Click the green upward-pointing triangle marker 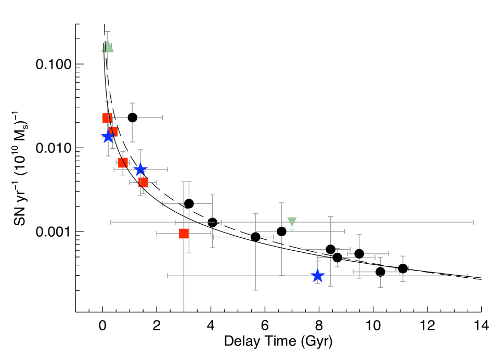point(108,47)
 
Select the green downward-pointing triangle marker point(292,223)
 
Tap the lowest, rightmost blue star point(317,275)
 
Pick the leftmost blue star point(108,136)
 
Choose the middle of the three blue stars point(140,169)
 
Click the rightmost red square point(184,234)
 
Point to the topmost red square point(107,118)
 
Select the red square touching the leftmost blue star point(113,132)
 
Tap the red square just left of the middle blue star point(123,162)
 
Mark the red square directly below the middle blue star point(144,182)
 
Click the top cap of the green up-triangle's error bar point(108,32)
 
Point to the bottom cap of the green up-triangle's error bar point(108,69)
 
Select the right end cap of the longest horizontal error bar point(473,222)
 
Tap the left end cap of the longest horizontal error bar point(111,222)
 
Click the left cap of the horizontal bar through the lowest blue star point(167,276)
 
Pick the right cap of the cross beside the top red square point(162,118)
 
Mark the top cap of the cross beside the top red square point(133,104)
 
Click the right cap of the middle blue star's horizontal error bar point(167,169)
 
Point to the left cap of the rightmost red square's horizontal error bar point(157,234)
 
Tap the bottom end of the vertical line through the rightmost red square point(184,311)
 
